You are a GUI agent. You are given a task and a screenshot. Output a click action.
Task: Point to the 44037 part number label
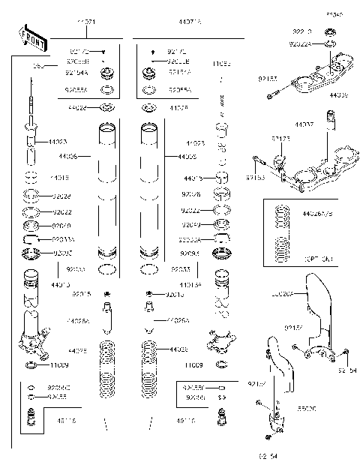[304, 123]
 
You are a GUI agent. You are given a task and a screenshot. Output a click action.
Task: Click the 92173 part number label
[281, 139]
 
